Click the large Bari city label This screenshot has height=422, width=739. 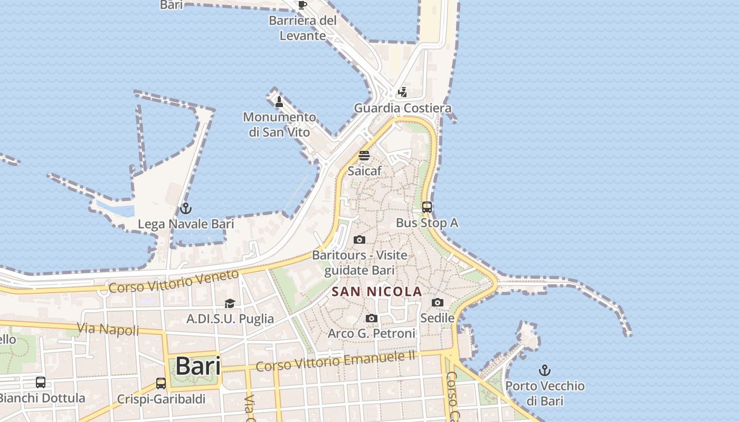[198, 366]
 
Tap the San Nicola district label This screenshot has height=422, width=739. [377, 291]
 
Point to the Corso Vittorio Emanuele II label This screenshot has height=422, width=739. [336, 362]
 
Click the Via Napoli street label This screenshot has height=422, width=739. [108, 329]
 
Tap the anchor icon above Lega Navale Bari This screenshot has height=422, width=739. [185, 208]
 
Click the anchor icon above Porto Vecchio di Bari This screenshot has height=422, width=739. [545, 370]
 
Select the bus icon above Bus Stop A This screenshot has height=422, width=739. [427, 207]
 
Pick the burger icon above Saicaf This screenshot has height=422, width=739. [364, 156]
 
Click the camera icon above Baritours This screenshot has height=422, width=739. [359, 240]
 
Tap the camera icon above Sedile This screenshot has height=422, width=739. [438, 302]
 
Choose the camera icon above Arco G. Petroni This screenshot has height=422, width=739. [372, 318]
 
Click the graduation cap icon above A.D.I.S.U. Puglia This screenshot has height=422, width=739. [230, 303]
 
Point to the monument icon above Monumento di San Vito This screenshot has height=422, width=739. [279, 101]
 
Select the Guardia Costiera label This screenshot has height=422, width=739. [402, 108]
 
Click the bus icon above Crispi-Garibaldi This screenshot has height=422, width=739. [161, 383]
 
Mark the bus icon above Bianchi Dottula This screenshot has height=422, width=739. [41, 382]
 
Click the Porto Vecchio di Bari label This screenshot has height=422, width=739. [545, 393]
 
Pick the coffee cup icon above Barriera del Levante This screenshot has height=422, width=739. [302, 5]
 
